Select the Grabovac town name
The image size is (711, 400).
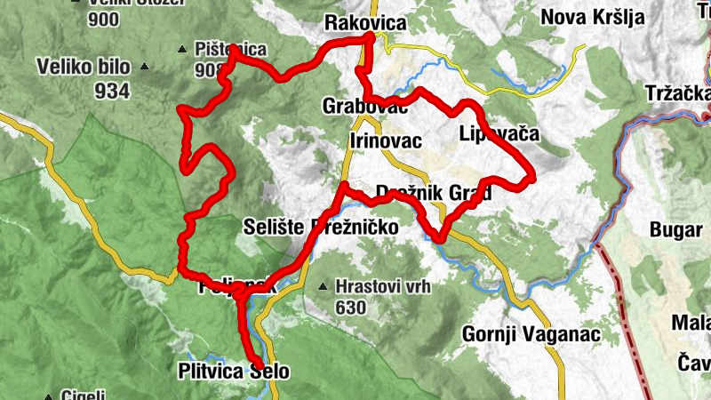point(365,107)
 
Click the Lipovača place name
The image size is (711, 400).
point(499,134)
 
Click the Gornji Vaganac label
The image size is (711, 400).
point(531,334)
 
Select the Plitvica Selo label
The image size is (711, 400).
point(233,372)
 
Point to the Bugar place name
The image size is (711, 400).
point(675,229)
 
